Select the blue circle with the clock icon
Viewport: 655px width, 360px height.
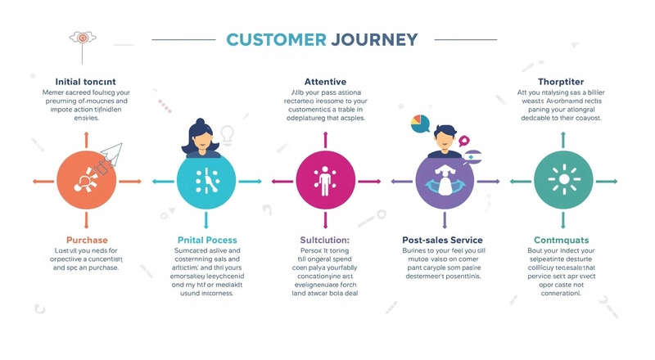pyautogui.click(x=206, y=180)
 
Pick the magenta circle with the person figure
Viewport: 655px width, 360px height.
pyautogui.click(x=324, y=180)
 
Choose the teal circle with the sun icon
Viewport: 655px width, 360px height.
pyautogui.click(x=562, y=180)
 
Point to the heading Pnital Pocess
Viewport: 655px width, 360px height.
pyautogui.click(x=208, y=240)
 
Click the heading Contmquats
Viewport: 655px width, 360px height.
pyautogui.click(x=562, y=240)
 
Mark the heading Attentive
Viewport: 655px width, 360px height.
pyautogui.click(x=325, y=82)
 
